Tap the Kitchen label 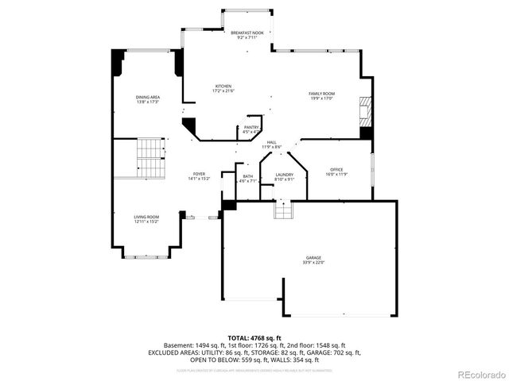pyautogui.click(x=223, y=86)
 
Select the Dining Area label pyautogui.click(x=148, y=97)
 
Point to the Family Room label pyautogui.click(x=321, y=94)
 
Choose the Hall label pyautogui.click(x=272, y=142)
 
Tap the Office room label pyautogui.click(x=336, y=170)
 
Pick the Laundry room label pyautogui.click(x=285, y=175)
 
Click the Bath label pyautogui.click(x=248, y=176)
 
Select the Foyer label pyautogui.click(x=199, y=174)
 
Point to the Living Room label pyautogui.click(x=146, y=217)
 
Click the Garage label pyautogui.click(x=313, y=259)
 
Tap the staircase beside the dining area pyautogui.click(x=149, y=157)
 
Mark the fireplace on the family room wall pyautogui.click(x=365, y=114)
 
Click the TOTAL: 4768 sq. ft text pyautogui.click(x=254, y=338)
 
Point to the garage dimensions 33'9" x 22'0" pyautogui.click(x=313, y=263)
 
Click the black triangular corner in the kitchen pyautogui.click(x=189, y=126)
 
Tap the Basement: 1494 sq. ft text pyautogui.click(x=195, y=345)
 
